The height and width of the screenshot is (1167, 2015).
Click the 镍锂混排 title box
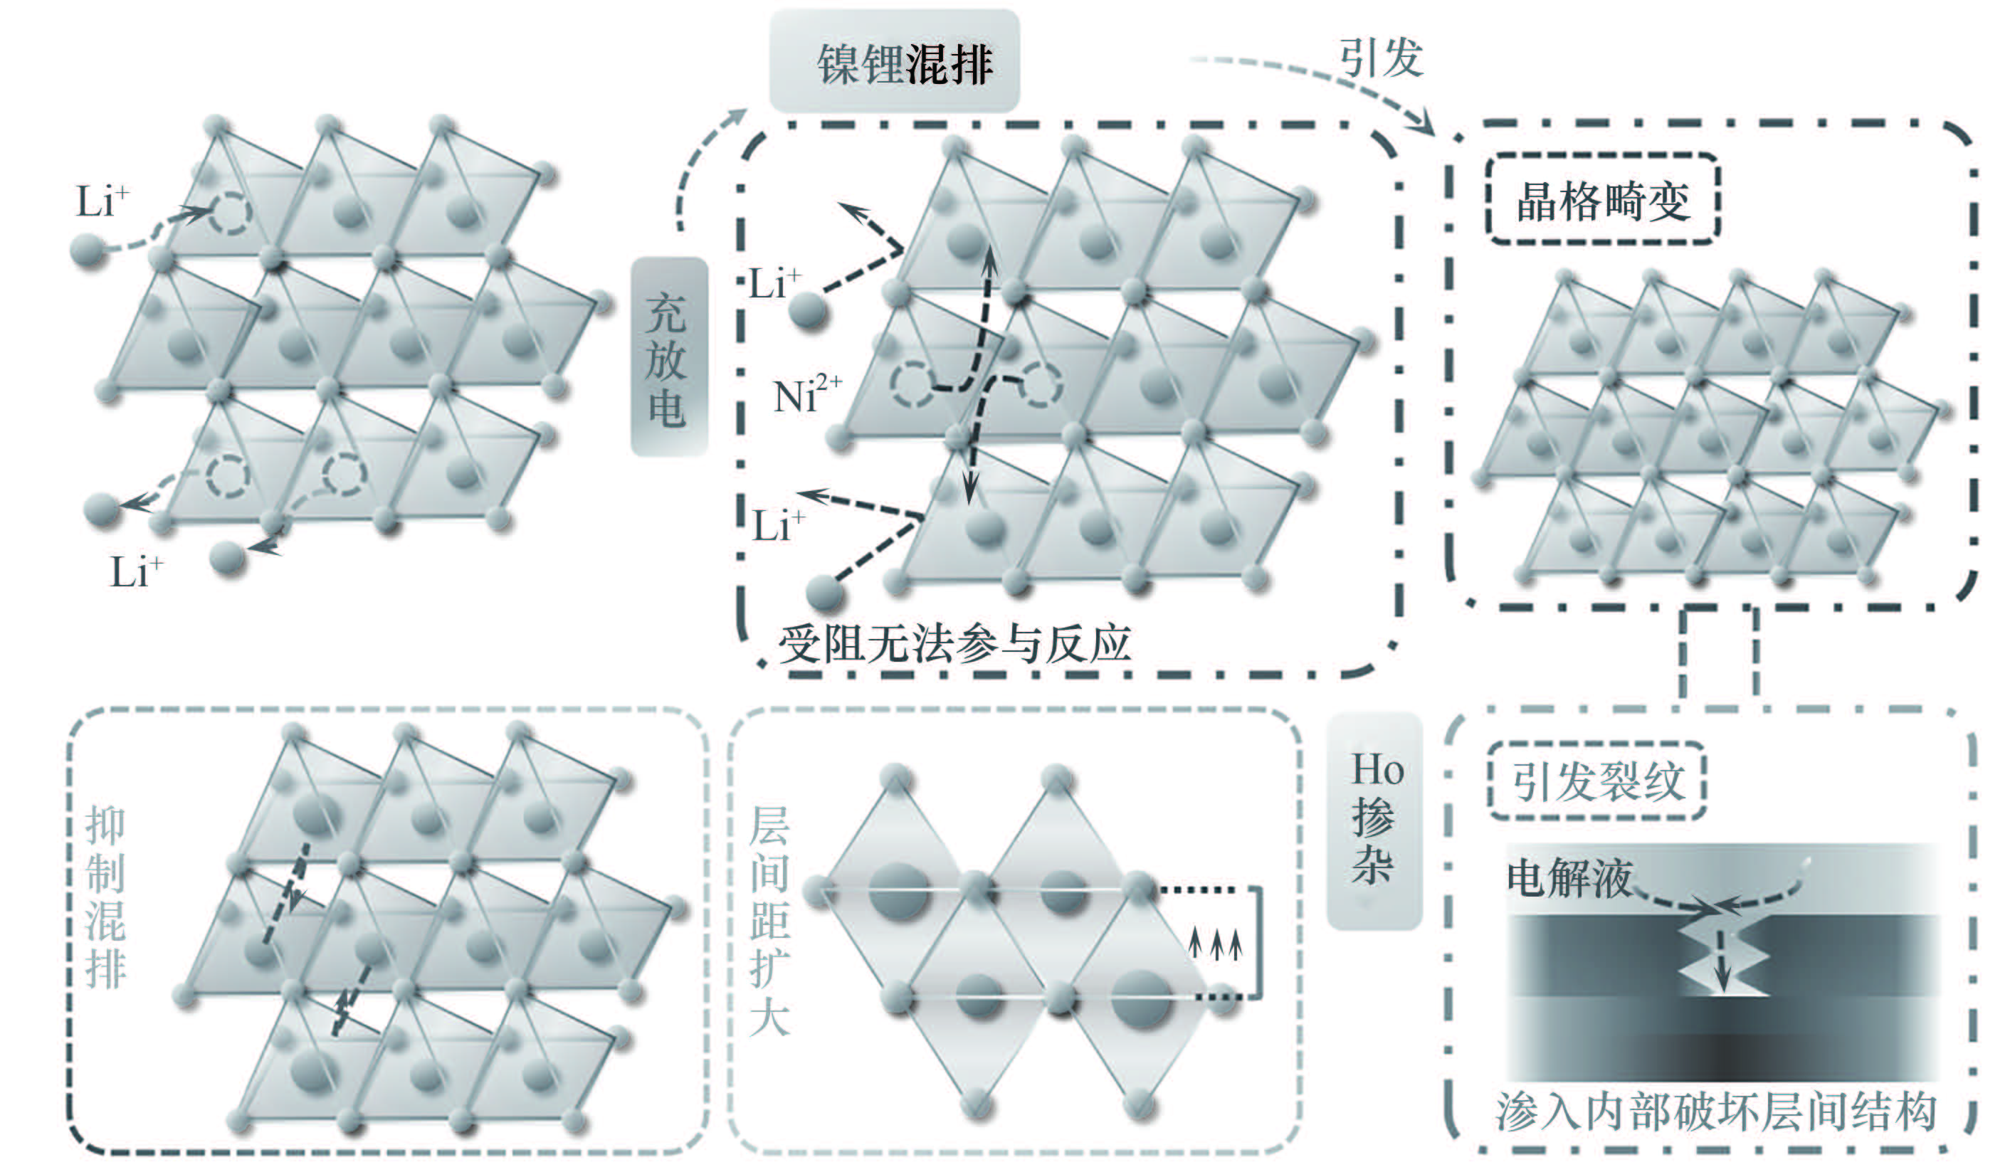tap(894, 61)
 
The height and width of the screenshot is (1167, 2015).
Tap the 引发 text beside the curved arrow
tap(1381, 58)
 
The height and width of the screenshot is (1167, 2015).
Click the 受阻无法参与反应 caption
tap(954, 644)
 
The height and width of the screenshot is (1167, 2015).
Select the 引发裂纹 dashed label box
tap(1596, 781)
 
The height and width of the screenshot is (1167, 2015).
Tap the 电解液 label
tap(1569, 878)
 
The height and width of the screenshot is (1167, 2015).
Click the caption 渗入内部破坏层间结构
tap(1716, 1111)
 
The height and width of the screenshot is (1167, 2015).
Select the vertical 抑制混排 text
tap(105, 897)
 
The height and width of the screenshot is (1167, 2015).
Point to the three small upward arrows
tap(1216, 943)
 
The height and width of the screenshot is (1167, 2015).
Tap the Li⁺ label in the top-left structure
tap(102, 201)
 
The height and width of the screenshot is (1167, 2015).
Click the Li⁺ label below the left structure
tap(136, 572)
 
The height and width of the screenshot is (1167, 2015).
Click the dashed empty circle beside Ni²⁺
tap(911, 383)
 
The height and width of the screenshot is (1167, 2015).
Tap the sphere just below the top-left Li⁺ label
tap(89, 249)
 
